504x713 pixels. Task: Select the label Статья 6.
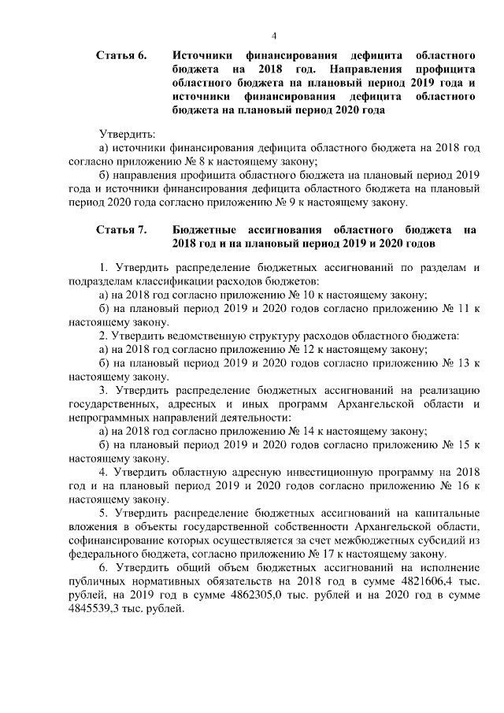pos(122,56)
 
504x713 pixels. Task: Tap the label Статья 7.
pos(122,229)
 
